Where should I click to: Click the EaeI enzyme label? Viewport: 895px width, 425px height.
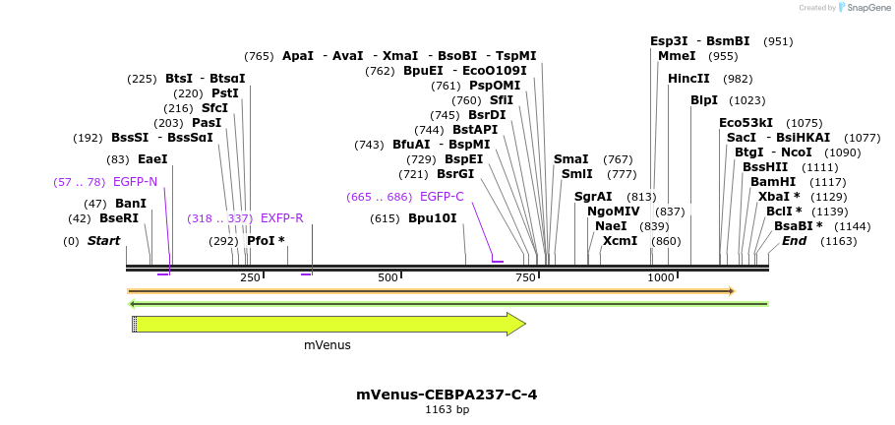click(152, 158)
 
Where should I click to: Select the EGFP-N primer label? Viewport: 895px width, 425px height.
click(135, 182)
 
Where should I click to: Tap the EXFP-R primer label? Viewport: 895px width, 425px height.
click(281, 218)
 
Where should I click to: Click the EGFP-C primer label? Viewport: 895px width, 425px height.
click(442, 197)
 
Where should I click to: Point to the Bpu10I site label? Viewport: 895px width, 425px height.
click(433, 218)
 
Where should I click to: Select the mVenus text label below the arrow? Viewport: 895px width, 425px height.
click(327, 345)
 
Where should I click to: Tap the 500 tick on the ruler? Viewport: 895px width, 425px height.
click(388, 278)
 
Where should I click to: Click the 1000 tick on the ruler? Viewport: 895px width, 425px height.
click(661, 278)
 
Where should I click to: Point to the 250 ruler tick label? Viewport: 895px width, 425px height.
click(250, 278)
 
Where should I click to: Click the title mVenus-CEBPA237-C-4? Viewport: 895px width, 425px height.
click(447, 395)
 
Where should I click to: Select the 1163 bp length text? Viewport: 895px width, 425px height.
click(447, 409)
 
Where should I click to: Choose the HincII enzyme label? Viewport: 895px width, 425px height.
click(688, 79)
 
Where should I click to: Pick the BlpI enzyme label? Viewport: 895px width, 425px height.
click(704, 100)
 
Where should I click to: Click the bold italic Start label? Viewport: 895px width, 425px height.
click(103, 241)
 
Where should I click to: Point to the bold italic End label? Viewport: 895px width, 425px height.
click(794, 241)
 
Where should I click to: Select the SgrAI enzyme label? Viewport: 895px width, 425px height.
click(594, 197)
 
